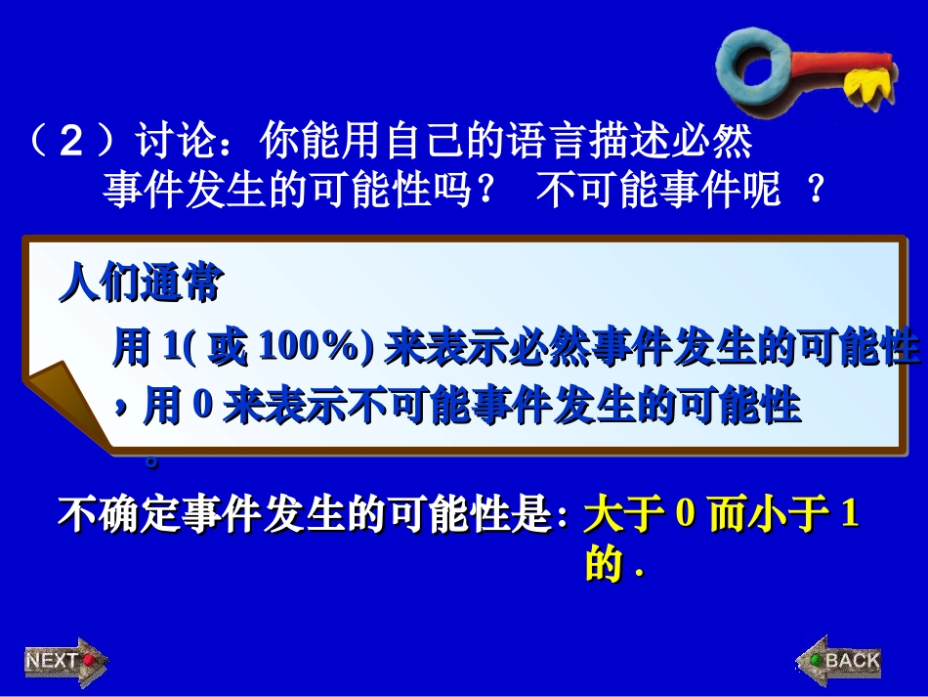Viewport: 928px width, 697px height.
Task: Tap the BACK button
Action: (840, 661)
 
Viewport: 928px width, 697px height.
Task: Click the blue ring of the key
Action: (756, 65)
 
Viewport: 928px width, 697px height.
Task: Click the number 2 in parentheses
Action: (71, 144)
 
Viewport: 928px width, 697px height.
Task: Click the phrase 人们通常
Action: (141, 284)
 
